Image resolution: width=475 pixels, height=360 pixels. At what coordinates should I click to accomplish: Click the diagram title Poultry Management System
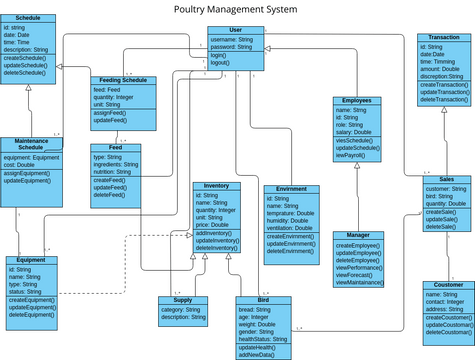(236, 9)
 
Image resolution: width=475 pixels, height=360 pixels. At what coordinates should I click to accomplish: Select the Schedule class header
(29, 18)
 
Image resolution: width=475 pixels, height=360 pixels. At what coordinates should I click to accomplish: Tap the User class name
(237, 31)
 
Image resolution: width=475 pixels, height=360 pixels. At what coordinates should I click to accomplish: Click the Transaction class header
(443, 38)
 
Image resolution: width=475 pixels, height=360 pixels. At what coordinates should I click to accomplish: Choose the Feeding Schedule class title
(123, 80)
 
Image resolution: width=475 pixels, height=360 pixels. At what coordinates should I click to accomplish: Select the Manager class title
(357, 236)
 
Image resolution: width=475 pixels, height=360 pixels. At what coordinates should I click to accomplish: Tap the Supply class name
(183, 300)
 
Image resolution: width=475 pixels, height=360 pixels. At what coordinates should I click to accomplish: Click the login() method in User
(219, 55)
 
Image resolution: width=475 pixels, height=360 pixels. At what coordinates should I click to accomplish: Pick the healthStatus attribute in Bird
(262, 339)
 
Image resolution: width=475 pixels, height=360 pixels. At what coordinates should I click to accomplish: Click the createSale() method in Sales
(441, 212)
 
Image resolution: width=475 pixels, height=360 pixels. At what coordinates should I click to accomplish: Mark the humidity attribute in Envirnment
(291, 221)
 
